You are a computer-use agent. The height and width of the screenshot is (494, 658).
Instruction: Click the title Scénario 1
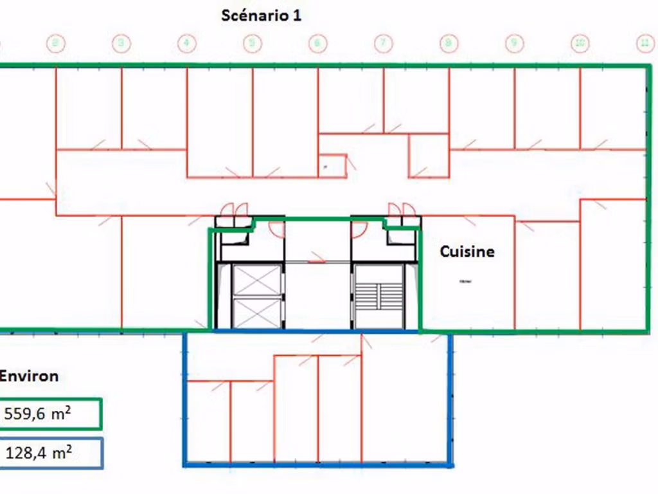261,15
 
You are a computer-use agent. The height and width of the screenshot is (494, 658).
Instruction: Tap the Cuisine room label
467,252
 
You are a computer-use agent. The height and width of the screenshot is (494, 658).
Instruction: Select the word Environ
29,376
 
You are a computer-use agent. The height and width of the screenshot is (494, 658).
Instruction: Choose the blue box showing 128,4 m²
51,453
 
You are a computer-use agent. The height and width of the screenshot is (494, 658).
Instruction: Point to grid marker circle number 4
186,44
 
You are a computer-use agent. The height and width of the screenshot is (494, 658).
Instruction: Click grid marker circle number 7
383,44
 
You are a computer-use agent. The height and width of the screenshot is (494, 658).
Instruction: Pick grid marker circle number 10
580,44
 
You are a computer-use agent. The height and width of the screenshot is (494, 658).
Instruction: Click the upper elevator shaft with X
257,280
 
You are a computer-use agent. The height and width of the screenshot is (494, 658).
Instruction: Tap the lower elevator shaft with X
257,312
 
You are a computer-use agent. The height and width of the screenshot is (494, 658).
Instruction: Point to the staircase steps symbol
379,296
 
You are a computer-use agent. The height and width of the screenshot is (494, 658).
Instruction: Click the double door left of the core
234,210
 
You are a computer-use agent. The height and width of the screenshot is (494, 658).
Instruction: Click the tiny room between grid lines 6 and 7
332,165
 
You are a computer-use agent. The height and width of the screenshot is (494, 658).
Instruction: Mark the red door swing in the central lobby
317,259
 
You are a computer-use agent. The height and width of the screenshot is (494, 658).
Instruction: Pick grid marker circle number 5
252,44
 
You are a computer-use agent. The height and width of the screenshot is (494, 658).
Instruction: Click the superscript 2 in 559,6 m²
68,410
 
